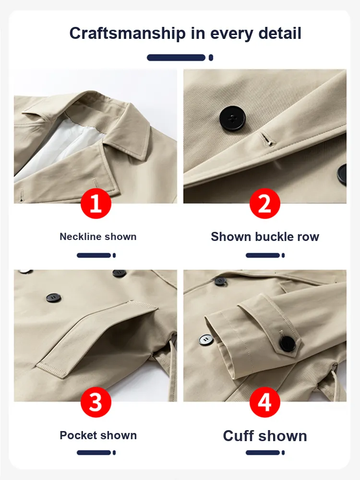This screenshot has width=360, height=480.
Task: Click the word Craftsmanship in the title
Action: point(127,34)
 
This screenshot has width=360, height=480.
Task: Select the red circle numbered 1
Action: point(96,203)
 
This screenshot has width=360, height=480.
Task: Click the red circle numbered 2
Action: point(265,203)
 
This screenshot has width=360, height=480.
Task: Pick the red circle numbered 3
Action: point(96,402)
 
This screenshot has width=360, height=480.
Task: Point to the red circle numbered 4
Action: point(265,402)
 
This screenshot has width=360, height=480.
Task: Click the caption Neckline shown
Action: point(98,237)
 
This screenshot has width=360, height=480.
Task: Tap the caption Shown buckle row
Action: point(265,237)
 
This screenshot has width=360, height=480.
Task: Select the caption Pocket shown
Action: point(98,435)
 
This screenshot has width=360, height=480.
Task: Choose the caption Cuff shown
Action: point(265,436)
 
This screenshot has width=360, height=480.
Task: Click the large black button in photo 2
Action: point(232,119)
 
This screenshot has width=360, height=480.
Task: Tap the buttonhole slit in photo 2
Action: point(267,139)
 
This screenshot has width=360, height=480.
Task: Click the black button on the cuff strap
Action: point(288,343)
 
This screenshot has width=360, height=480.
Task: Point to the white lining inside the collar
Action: point(61,144)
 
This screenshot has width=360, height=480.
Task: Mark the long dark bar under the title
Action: point(176,58)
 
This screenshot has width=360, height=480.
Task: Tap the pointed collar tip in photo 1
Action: point(146,158)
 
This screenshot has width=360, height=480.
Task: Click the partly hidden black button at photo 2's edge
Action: point(342,175)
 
